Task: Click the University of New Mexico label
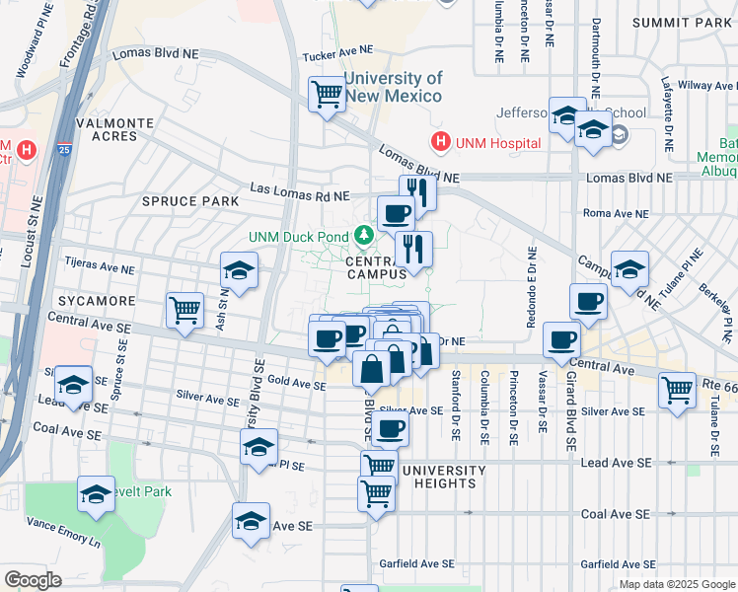(x=393, y=88)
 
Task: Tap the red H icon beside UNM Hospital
(x=440, y=143)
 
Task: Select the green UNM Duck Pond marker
(x=364, y=235)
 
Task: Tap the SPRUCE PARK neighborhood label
(x=190, y=200)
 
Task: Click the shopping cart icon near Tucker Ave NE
(x=327, y=96)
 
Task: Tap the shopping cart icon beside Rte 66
(x=677, y=389)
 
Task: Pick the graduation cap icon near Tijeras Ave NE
(x=239, y=269)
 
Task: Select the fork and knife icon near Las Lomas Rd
(x=418, y=191)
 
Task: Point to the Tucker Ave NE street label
(x=340, y=49)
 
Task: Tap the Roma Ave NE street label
(x=617, y=213)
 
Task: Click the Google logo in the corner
(x=34, y=579)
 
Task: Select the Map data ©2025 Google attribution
(x=676, y=584)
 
